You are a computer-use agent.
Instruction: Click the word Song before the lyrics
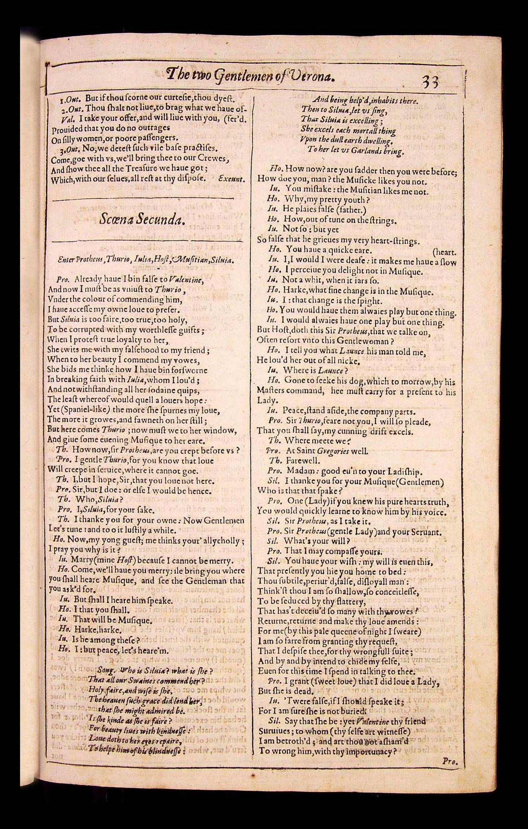pyautogui.click(x=106, y=670)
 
